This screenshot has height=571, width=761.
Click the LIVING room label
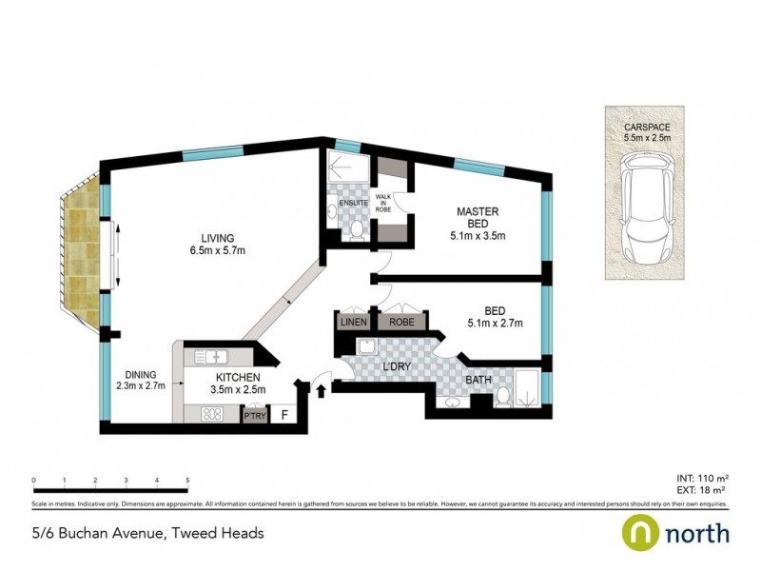(x=217, y=238)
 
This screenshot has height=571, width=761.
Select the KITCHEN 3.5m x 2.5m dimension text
(x=237, y=389)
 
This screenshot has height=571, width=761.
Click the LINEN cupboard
(x=353, y=322)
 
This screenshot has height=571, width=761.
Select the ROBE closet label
(x=400, y=322)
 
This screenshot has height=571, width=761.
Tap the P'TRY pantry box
(x=253, y=416)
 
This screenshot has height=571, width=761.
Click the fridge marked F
(x=283, y=415)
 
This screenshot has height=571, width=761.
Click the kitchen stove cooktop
(x=210, y=414)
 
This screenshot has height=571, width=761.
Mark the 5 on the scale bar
(x=187, y=481)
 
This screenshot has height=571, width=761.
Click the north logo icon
(x=639, y=532)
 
